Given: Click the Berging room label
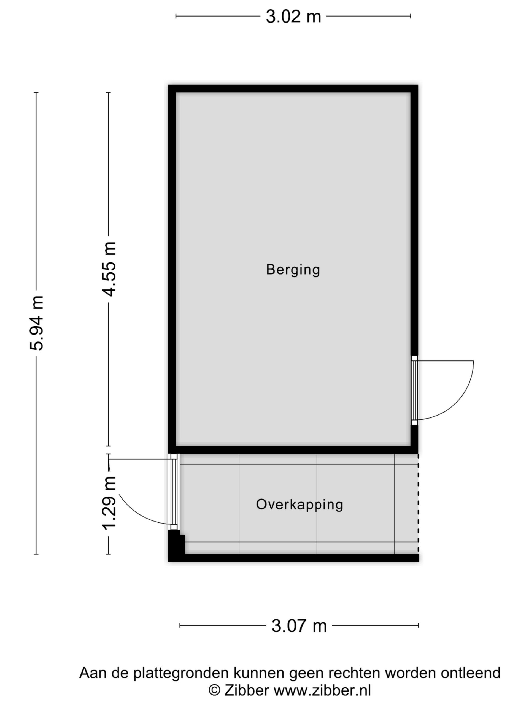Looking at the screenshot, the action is click(293, 270).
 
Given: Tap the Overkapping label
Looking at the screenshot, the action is click(299, 505).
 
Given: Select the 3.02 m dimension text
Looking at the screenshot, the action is click(293, 16).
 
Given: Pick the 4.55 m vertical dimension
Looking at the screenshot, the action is click(109, 269).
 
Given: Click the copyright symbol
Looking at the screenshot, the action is click(215, 691).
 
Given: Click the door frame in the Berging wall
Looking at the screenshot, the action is click(414, 391).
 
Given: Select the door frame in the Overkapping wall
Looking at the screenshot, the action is click(174, 492).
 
